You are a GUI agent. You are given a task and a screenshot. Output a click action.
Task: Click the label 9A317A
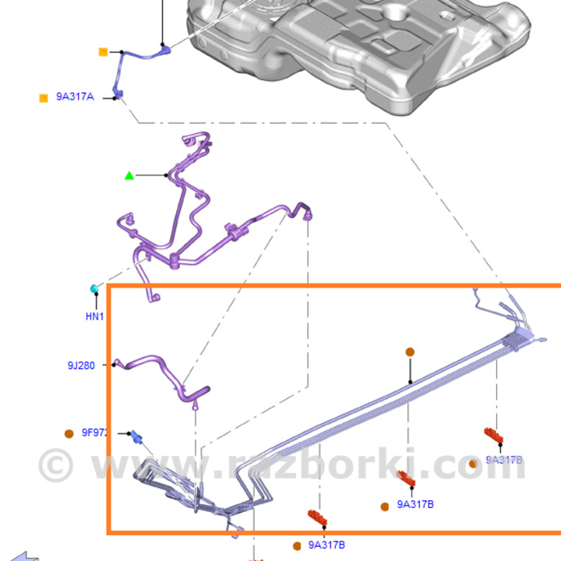75,97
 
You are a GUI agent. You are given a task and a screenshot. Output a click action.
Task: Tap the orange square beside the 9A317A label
44,98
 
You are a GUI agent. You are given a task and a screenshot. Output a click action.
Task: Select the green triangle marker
129,175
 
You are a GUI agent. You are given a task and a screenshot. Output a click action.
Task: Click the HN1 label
94,316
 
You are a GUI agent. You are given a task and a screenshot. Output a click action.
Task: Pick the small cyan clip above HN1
93,290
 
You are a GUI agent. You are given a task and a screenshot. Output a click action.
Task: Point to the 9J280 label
81,365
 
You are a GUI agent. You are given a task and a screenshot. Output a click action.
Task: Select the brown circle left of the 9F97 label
69,433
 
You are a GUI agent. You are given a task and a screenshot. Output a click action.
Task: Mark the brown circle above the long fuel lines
410,352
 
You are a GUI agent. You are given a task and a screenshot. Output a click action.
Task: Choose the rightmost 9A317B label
504,460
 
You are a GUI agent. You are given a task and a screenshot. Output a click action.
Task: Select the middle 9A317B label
415,504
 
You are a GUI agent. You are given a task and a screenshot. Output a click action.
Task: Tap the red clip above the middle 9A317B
405,478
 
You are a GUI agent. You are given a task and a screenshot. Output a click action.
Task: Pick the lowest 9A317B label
326,545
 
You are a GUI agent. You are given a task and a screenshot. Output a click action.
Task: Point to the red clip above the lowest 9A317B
318,517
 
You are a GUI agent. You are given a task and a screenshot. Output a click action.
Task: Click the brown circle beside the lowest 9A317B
297,545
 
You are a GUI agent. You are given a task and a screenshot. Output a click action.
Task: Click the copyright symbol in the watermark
55,464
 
